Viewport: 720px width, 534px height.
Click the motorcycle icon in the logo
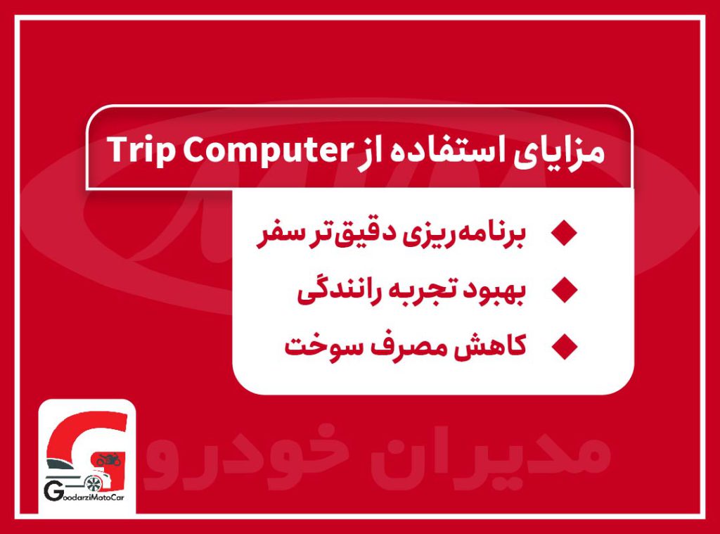(x=109, y=460)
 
